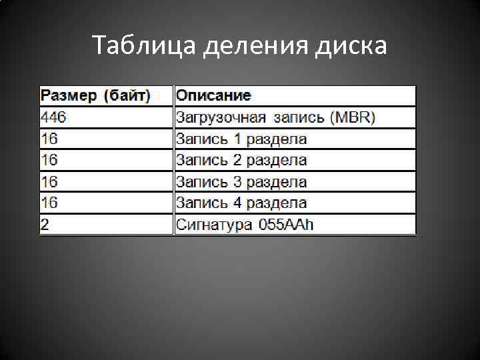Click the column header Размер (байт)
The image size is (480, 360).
click(x=96, y=96)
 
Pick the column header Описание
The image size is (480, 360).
click(x=213, y=96)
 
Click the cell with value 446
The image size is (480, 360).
click(x=53, y=118)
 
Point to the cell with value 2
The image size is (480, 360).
click(x=45, y=225)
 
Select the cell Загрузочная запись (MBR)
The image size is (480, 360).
click(x=275, y=118)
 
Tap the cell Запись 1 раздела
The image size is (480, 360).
click(x=241, y=139)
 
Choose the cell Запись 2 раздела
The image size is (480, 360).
click(x=241, y=161)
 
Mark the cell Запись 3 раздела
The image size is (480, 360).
click(x=241, y=182)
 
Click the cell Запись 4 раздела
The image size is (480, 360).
click(x=241, y=203)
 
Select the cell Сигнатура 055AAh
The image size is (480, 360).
click(x=245, y=225)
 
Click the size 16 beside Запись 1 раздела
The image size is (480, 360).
click(x=49, y=139)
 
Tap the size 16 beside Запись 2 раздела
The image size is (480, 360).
click(x=49, y=161)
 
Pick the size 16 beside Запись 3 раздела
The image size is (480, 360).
click(x=49, y=182)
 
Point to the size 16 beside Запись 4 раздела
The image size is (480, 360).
click(x=49, y=203)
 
